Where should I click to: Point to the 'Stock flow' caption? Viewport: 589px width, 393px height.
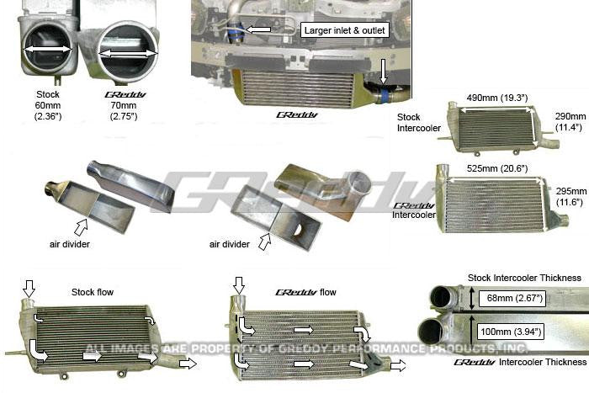coord(93,292)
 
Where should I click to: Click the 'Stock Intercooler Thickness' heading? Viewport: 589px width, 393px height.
coord(524,278)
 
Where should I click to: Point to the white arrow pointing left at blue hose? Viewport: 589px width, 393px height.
coord(258,30)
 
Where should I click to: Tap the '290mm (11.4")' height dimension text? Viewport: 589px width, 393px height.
coord(570,122)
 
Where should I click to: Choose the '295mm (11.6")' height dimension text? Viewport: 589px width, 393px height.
coord(571,198)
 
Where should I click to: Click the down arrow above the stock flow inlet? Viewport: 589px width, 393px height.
coord(29,289)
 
